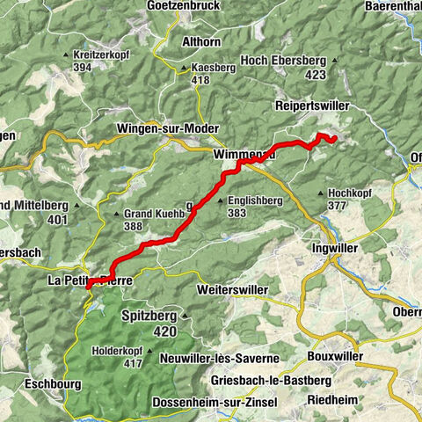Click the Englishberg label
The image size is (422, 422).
[257, 200]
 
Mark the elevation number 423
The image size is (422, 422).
[314, 75]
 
